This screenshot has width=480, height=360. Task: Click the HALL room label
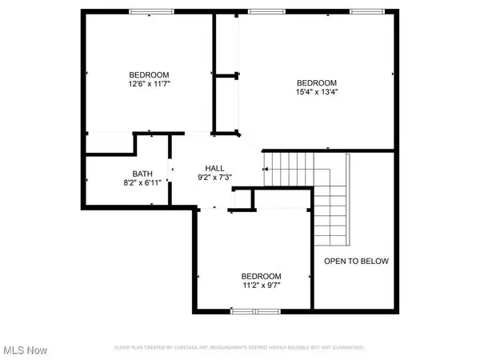(x=214, y=167)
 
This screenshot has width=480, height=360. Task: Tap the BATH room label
(x=142, y=174)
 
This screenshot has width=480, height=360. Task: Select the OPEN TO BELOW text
(x=356, y=261)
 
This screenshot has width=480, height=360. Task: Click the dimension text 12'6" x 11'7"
(x=150, y=82)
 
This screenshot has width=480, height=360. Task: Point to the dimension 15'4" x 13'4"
(x=317, y=92)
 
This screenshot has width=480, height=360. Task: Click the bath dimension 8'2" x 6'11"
(x=142, y=182)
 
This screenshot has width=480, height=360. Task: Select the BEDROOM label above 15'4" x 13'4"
(x=317, y=82)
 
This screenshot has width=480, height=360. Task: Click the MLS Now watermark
(x=25, y=350)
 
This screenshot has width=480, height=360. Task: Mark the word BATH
(x=142, y=174)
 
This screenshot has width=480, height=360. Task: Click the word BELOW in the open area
(x=374, y=261)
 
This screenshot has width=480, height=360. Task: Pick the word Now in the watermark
(x=37, y=350)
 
